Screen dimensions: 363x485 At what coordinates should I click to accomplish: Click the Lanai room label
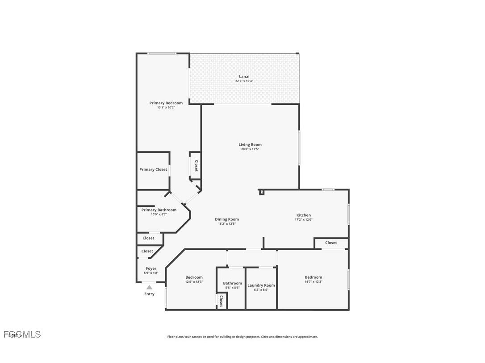coord(244,76)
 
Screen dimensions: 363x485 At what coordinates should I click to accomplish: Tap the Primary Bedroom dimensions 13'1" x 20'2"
coord(166,107)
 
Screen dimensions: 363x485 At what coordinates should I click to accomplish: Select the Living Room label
coord(250,144)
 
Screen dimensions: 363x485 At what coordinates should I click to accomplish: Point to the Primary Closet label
coord(153,169)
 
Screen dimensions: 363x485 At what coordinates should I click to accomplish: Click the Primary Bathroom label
coord(159,210)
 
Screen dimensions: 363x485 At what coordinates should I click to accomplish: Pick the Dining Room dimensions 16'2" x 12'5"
coord(227,223)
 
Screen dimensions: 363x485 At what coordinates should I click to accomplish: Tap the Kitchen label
coord(303,215)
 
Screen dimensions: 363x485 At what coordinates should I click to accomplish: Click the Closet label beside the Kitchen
coord(331,243)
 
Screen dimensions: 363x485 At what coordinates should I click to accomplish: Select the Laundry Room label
coord(261,285)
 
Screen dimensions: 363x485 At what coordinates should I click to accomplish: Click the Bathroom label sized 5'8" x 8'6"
coord(232,283)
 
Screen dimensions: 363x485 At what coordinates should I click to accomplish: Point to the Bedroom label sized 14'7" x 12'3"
coord(313,277)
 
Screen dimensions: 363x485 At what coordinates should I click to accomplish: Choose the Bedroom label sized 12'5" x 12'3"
coord(194,277)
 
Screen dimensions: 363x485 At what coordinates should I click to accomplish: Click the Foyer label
coord(151,268)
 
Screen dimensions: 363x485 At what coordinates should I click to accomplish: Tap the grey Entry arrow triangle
coord(149,288)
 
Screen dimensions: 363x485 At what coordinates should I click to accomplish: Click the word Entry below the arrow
coord(149,294)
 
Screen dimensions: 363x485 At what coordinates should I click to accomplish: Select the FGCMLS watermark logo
coord(22,334)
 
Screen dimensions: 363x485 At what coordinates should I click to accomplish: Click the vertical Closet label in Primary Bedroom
coord(196,166)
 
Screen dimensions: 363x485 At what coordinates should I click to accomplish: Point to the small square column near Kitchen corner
coord(262,192)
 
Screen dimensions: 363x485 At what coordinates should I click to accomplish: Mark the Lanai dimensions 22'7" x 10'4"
coord(244,81)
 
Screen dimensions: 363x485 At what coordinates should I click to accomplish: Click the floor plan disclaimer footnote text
coord(242,337)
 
